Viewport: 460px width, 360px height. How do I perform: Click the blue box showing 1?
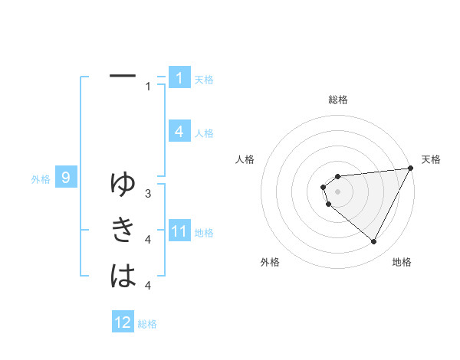click(179, 77)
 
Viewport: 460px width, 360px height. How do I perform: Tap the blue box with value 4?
click(179, 132)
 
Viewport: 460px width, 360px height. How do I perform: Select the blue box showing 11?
click(179, 231)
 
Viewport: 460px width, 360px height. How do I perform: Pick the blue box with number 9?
click(66, 178)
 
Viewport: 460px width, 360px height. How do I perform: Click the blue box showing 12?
click(123, 322)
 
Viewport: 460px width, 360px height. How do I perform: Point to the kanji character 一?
click(123, 76)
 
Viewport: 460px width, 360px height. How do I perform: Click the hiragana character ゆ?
click(123, 184)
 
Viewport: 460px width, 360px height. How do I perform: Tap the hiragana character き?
click(123, 230)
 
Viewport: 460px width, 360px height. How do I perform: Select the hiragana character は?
click(123, 277)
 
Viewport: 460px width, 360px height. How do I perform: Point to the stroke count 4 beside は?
click(148, 286)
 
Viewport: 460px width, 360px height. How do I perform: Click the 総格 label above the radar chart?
click(337, 100)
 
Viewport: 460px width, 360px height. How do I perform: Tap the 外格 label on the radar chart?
click(270, 262)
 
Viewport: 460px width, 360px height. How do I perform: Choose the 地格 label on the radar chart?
click(402, 262)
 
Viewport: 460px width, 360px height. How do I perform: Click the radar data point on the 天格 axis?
click(410, 168)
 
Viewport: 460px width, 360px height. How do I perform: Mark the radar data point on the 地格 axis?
click(373, 241)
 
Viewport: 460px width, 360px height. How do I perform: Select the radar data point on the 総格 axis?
click(337, 177)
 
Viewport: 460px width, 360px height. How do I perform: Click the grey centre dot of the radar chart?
click(337, 191)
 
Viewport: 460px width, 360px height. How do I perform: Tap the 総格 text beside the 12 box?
click(147, 323)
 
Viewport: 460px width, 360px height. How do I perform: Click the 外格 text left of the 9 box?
click(41, 179)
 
